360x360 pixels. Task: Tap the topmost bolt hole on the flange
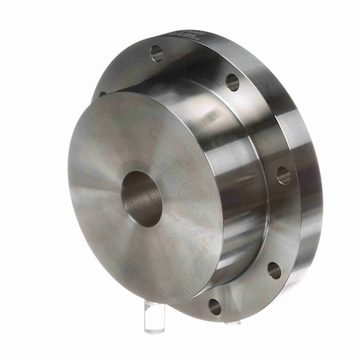coord(157,54)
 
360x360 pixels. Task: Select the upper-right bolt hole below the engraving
coord(232,82)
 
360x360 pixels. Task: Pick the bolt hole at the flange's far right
coord(283,174)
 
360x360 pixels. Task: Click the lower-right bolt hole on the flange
coord(274,270)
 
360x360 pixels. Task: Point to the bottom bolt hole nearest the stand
coord(214,305)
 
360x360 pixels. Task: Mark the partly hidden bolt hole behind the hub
coord(102,94)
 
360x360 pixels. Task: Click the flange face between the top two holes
coord(196,64)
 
